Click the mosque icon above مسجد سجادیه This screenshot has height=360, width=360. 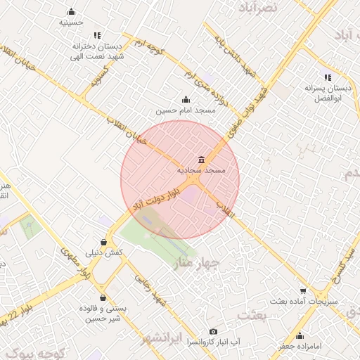(x=202, y=159)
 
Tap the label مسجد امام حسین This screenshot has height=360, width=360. (x=185, y=110)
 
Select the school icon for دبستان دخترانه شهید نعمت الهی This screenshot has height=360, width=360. (x=97, y=35)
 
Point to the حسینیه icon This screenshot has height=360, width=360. (x=71, y=12)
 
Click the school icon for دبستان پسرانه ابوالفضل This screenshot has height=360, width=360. (x=327, y=77)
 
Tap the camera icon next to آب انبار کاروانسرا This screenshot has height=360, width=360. (x=214, y=331)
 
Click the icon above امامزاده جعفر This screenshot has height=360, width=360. (x=300, y=335)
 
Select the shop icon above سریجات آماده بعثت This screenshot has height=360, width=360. (x=303, y=290)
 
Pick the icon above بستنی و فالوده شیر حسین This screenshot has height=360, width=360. (x=104, y=297)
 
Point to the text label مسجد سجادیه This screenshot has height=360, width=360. (x=201, y=170)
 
